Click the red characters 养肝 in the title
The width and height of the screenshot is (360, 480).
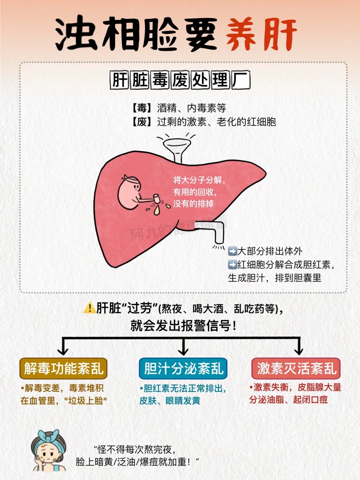(261, 34)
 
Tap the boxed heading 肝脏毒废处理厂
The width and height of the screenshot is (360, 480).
(180, 80)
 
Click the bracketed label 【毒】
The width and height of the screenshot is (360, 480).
(142, 108)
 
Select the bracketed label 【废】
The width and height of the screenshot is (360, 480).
(142, 122)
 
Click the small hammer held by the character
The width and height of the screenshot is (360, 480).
(156, 198)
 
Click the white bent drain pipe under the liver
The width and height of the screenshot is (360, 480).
(213, 230)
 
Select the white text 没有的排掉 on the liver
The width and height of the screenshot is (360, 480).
(193, 203)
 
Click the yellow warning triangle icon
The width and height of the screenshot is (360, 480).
(89, 308)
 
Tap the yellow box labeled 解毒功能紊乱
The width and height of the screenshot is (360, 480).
(63, 369)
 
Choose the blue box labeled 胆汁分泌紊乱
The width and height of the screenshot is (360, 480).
(183, 369)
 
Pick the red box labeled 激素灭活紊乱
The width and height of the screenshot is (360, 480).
(296, 369)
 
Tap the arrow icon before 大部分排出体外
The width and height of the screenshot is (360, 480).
(232, 251)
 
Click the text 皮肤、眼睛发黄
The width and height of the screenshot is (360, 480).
(170, 401)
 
